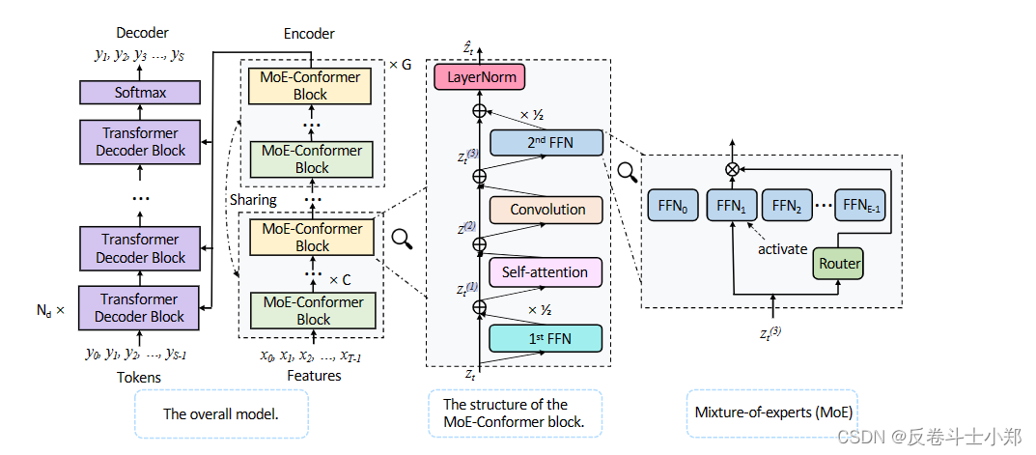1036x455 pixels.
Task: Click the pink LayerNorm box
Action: pyautogui.click(x=481, y=76)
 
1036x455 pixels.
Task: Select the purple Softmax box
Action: pyautogui.click(x=141, y=93)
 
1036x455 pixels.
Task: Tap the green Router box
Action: pyautogui.click(x=839, y=263)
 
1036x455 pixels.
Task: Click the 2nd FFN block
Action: pyautogui.click(x=546, y=143)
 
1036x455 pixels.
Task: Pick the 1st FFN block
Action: pyautogui.click(x=546, y=338)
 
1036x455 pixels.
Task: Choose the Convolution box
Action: pyautogui.click(x=546, y=210)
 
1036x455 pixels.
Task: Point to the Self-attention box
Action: pyautogui.click(x=546, y=272)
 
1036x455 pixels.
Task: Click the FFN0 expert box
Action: pyautogui.click(x=672, y=205)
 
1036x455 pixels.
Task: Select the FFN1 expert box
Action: pyautogui.click(x=730, y=205)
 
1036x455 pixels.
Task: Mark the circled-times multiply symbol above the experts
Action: pyautogui.click(x=732, y=169)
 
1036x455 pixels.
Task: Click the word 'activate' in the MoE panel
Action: pyautogui.click(x=782, y=249)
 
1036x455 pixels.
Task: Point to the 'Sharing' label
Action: pyautogui.click(x=253, y=200)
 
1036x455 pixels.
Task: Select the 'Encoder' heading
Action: pyautogui.click(x=309, y=34)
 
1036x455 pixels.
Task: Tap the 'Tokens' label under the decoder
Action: pyautogui.click(x=140, y=377)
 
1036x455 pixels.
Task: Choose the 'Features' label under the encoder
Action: pyautogui.click(x=314, y=376)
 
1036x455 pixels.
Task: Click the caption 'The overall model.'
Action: pyautogui.click(x=221, y=413)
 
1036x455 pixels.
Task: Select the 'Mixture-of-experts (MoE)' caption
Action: pyautogui.click(x=773, y=412)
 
